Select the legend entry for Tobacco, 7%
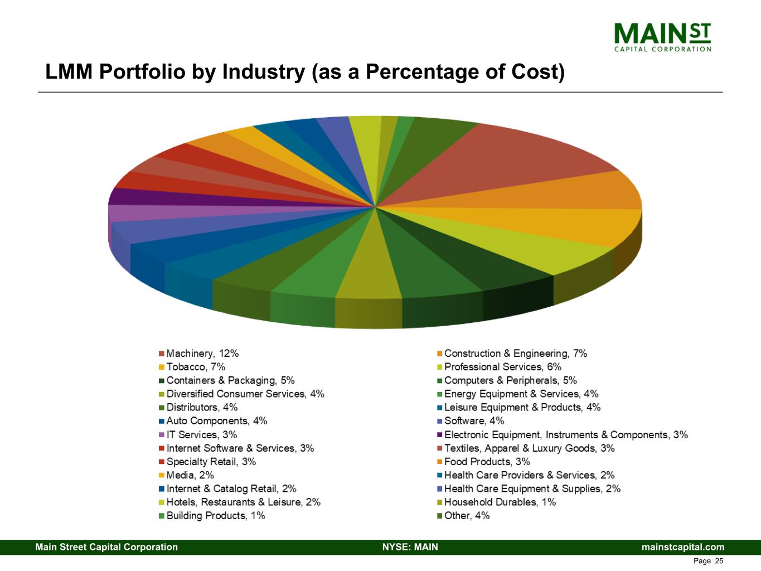click(x=196, y=367)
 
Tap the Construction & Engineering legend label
click(x=515, y=354)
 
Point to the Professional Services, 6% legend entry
click(x=502, y=367)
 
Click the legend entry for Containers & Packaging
click(x=230, y=380)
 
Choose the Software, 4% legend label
click(x=474, y=421)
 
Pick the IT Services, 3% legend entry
click(x=201, y=435)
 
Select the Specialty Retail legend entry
click(x=211, y=462)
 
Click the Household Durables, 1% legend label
click(x=500, y=502)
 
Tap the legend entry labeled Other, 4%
click(x=467, y=516)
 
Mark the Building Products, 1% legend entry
click(x=215, y=516)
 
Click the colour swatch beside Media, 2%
click(x=162, y=476)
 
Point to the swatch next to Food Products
click(x=440, y=462)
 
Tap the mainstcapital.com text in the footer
click(x=683, y=547)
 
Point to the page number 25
click(x=719, y=561)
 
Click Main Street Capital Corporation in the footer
click(x=106, y=547)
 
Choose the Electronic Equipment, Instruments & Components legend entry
click(x=565, y=435)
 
